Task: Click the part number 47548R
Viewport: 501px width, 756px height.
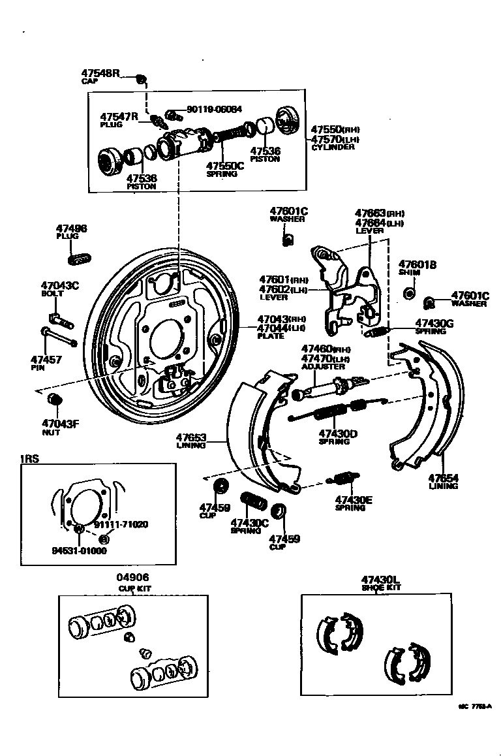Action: tap(101, 73)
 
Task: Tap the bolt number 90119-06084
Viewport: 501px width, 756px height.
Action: tap(214, 110)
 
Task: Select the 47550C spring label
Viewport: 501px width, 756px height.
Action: tap(225, 166)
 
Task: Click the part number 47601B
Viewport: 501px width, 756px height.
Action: tap(417, 264)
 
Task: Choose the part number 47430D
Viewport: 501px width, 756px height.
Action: tap(337, 433)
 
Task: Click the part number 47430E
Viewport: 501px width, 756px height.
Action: tap(354, 500)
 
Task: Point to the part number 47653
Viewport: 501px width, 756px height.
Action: tap(191, 437)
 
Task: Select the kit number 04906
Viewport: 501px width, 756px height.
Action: tap(133, 577)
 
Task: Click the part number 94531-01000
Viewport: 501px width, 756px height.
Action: tap(80, 550)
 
